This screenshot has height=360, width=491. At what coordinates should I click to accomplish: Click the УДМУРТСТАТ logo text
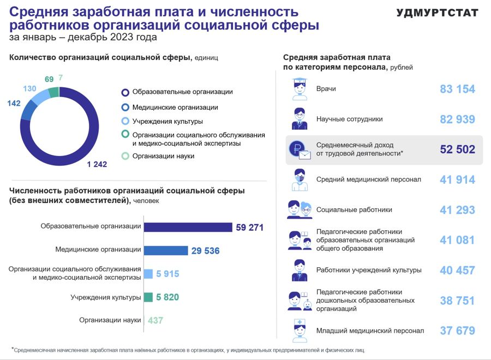click(437, 13)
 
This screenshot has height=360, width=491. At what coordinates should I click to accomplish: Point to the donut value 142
click(14, 103)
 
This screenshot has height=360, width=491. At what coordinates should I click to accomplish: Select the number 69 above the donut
click(49, 79)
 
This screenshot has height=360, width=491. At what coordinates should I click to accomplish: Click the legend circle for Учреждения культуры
click(125, 121)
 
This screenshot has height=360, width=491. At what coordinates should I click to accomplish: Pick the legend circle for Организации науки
click(125, 156)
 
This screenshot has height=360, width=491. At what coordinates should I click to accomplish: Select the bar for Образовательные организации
click(188, 227)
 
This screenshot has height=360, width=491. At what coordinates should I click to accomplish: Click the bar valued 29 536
click(166, 250)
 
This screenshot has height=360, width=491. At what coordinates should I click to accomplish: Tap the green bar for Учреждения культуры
click(147, 297)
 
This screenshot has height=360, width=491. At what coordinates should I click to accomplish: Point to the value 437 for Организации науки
click(155, 321)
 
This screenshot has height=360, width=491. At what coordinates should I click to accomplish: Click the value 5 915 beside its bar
click(167, 274)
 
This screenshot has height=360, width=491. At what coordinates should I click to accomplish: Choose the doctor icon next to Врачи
click(299, 89)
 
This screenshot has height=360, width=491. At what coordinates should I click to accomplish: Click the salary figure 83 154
click(457, 89)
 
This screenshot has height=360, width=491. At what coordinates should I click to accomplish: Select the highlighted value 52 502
click(457, 149)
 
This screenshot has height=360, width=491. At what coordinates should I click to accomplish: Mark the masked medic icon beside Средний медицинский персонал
click(299, 180)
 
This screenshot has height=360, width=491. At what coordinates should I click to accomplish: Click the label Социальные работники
click(354, 209)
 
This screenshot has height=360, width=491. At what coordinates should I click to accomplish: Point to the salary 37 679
click(457, 331)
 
